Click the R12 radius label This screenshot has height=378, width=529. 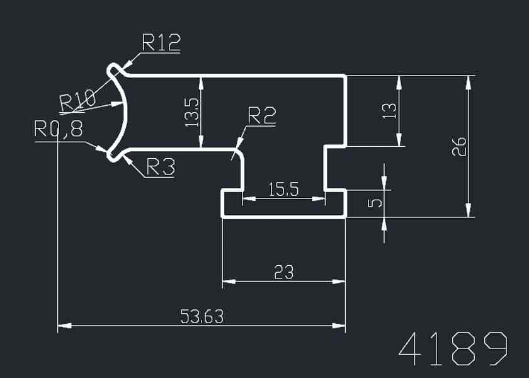[161, 42]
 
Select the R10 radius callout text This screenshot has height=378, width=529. [77, 100]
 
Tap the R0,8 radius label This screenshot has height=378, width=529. [59, 130]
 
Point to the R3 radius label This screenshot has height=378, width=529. [160, 167]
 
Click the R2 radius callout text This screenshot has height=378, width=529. [261, 116]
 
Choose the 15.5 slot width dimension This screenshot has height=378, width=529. [283, 190]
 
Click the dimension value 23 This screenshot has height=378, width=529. [284, 272]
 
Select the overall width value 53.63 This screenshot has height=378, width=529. [202, 316]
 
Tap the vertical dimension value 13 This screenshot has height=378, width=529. [390, 111]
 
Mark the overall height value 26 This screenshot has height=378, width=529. [459, 146]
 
